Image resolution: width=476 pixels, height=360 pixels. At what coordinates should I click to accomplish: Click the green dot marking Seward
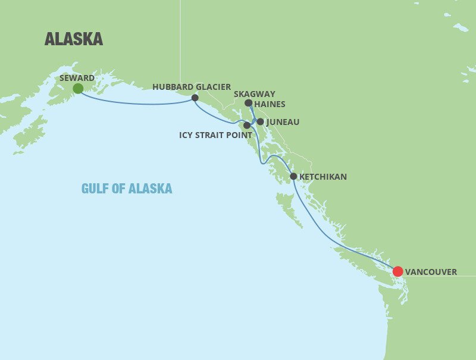(x=77, y=89)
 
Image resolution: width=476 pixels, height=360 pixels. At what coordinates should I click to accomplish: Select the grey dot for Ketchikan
(x=293, y=177)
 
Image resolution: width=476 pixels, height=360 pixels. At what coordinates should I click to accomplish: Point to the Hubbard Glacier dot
(x=195, y=98)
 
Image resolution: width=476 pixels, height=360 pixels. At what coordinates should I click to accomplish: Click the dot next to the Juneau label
(x=260, y=121)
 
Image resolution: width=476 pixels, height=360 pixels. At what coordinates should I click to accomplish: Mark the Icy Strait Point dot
(x=247, y=126)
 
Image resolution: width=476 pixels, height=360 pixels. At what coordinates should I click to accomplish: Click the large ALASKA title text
(x=74, y=39)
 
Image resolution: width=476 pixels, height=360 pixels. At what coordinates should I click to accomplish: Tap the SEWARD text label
(x=77, y=78)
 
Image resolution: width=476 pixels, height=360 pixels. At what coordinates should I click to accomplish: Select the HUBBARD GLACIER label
(x=192, y=87)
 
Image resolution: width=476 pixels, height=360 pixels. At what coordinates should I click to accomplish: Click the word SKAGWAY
(x=255, y=94)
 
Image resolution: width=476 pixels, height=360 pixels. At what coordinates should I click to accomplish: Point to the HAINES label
(x=270, y=105)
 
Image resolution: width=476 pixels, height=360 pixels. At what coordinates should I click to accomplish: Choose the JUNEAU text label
(x=283, y=122)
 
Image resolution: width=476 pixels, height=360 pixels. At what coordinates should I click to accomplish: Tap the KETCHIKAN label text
(x=322, y=177)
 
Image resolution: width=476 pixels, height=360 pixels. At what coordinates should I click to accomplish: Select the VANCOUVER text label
(x=431, y=272)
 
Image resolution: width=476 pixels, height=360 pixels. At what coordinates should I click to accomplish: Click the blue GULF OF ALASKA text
(x=127, y=189)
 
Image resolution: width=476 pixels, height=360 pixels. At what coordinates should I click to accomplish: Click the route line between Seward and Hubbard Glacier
(x=137, y=104)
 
